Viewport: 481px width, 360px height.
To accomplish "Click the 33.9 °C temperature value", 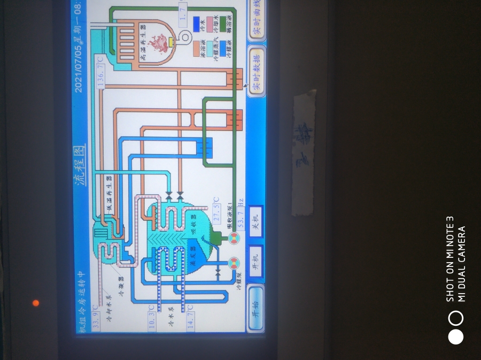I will click(96, 319).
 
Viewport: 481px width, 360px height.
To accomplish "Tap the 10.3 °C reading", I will click(152, 319).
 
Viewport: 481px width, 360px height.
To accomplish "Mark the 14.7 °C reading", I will click(190, 319).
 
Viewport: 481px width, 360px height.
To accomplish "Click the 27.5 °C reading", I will click(217, 210).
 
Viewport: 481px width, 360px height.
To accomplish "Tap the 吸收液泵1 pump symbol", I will click(234, 238).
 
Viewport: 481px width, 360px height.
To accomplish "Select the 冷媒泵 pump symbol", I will click(234, 263).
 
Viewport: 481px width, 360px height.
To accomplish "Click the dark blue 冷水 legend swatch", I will click(197, 24).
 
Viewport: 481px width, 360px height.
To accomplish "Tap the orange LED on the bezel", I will click(36, 303).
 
